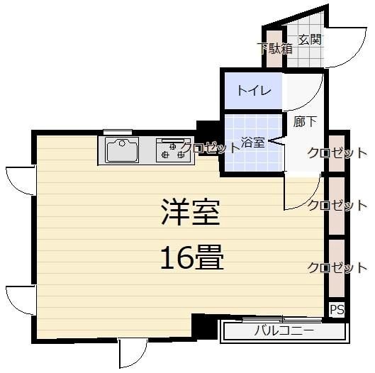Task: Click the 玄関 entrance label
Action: click(310, 39)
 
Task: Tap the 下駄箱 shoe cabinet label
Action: click(274, 49)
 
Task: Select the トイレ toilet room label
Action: click(252, 90)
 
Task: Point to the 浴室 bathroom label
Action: click(254, 142)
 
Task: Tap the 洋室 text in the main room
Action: click(190, 211)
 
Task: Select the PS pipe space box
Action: click(337, 310)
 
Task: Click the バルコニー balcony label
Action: click(284, 330)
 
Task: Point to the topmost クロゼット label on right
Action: click(337, 152)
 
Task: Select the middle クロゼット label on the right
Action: click(337, 206)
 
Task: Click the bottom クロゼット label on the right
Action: click(337, 267)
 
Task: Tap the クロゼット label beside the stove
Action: click(211, 148)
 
